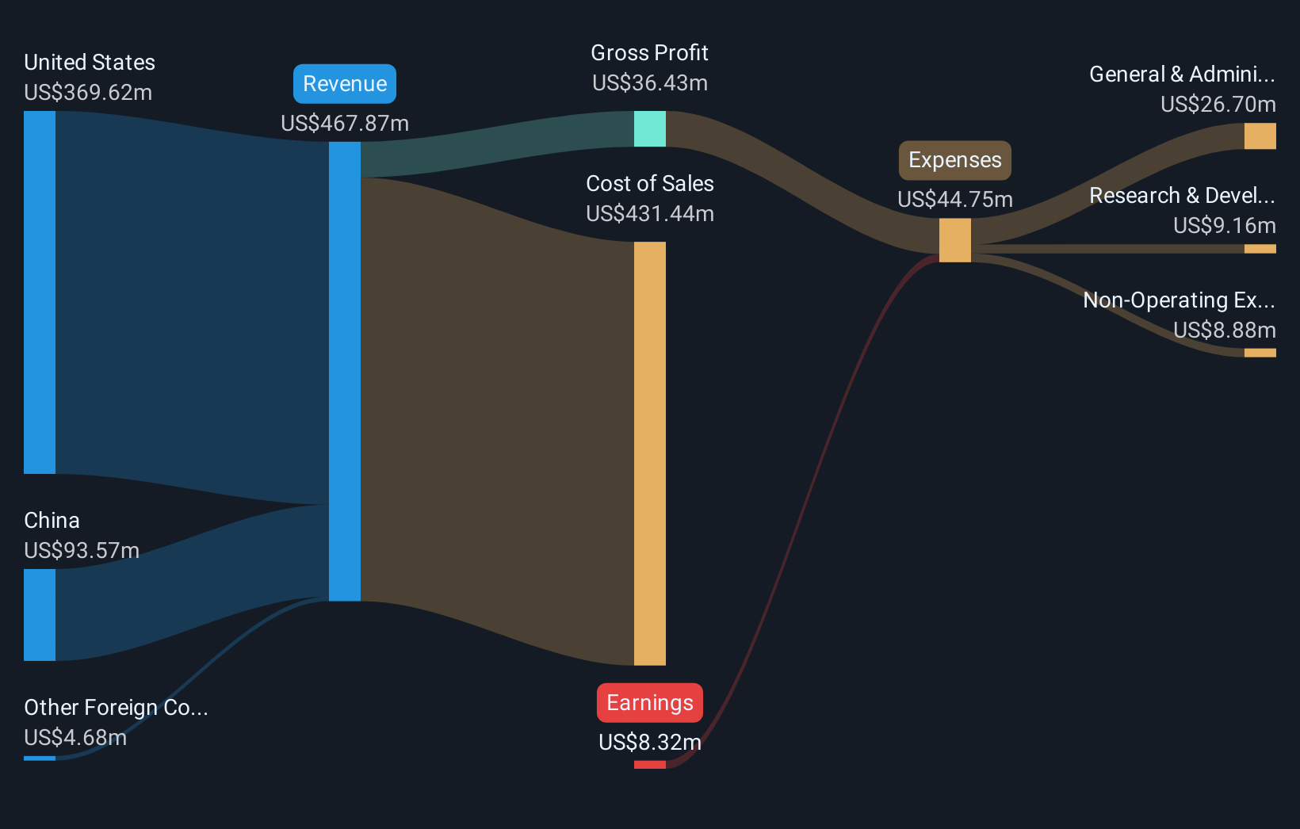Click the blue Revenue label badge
click(x=345, y=84)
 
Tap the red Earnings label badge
click(x=650, y=703)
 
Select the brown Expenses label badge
click(x=954, y=160)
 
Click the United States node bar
click(x=40, y=292)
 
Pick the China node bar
click(x=40, y=614)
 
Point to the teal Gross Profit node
click(x=650, y=128)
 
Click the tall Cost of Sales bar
click(x=650, y=453)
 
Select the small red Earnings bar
click(x=650, y=765)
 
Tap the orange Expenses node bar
click(x=954, y=240)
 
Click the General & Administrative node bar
click(x=1260, y=136)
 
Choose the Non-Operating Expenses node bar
click(x=1260, y=353)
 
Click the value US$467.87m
click(x=345, y=124)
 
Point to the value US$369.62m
click(x=88, y=93)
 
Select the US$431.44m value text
click(x=650, y=214)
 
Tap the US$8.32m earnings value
click(x=650, y=743)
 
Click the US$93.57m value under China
click(x=82, y=551)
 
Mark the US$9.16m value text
click(x=1224, y=226)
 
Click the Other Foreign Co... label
click(x=116, y=708)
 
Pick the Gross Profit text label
click(x=650, y=53)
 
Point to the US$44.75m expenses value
click(x=954, y=200)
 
